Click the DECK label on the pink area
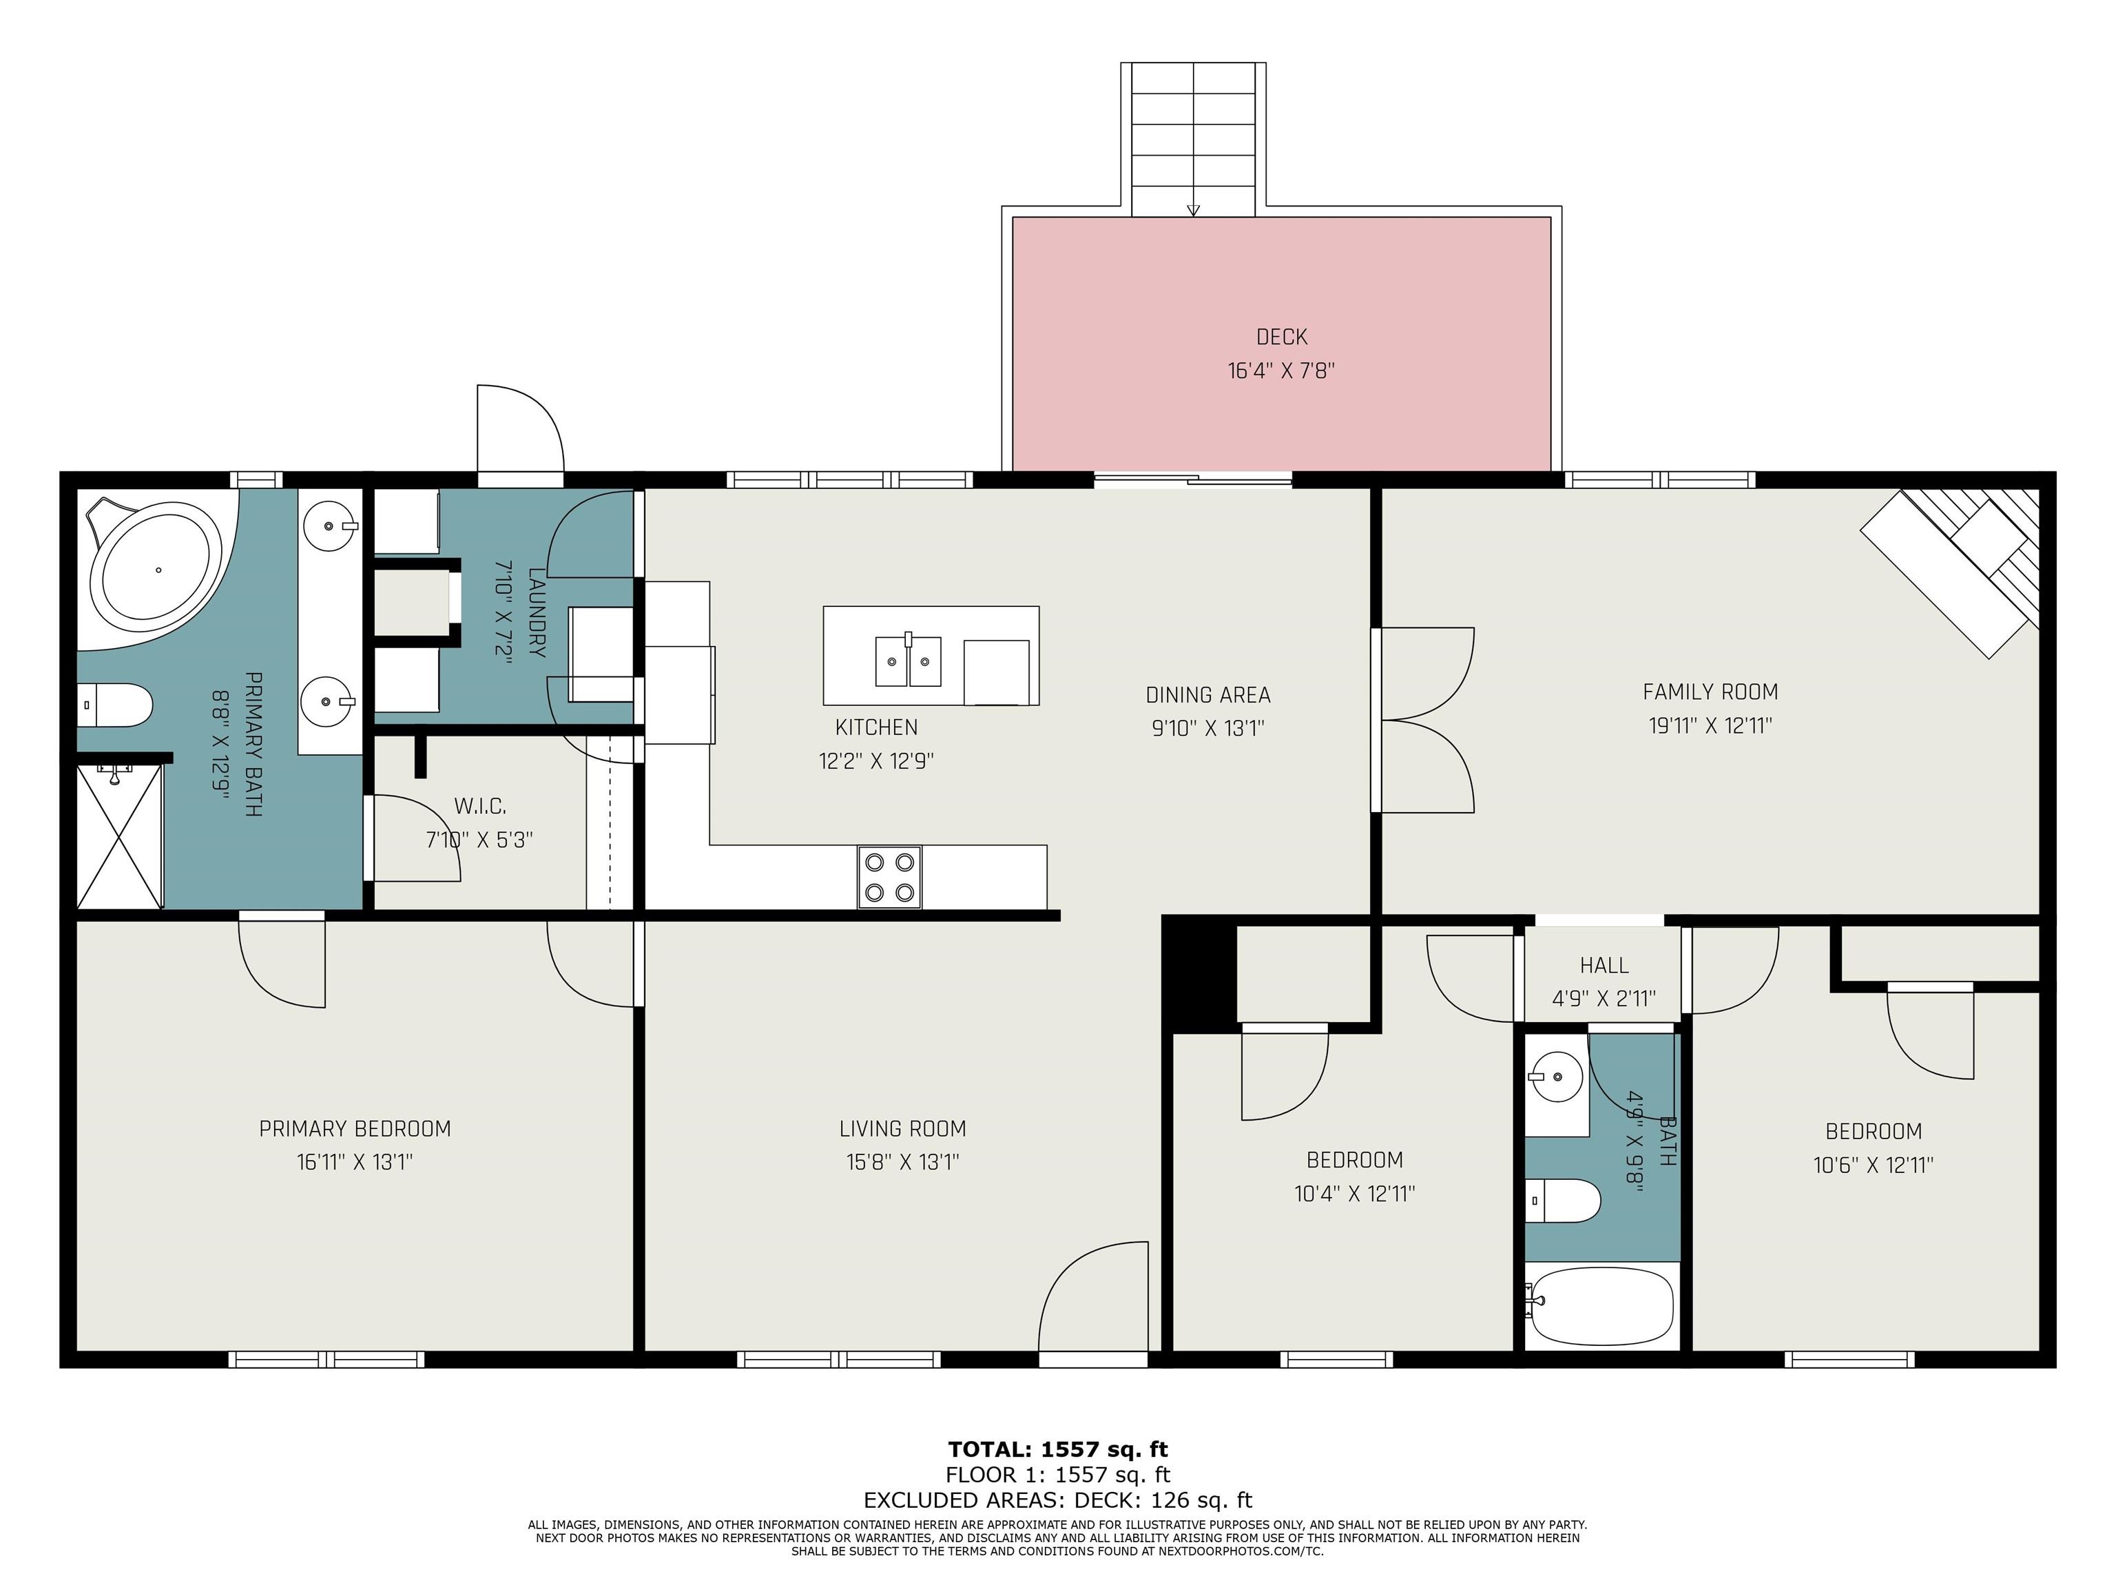tap(1281, 337)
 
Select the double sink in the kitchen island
tap(908, 660)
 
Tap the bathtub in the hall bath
tap(1602, 1306)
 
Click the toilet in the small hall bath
tap(1562, 1201)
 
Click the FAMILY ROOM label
tap(1710, 692)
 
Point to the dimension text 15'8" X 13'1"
tap(902, 1162)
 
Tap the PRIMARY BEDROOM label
tap(355, 1129)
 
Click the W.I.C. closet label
tap(479, 807)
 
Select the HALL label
tap(1604, 965)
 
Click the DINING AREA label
tap(1208, 694)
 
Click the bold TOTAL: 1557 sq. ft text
tap(1058, 1449)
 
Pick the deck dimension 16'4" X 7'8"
tap(1281, 370)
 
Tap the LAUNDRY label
tap(537, 612)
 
